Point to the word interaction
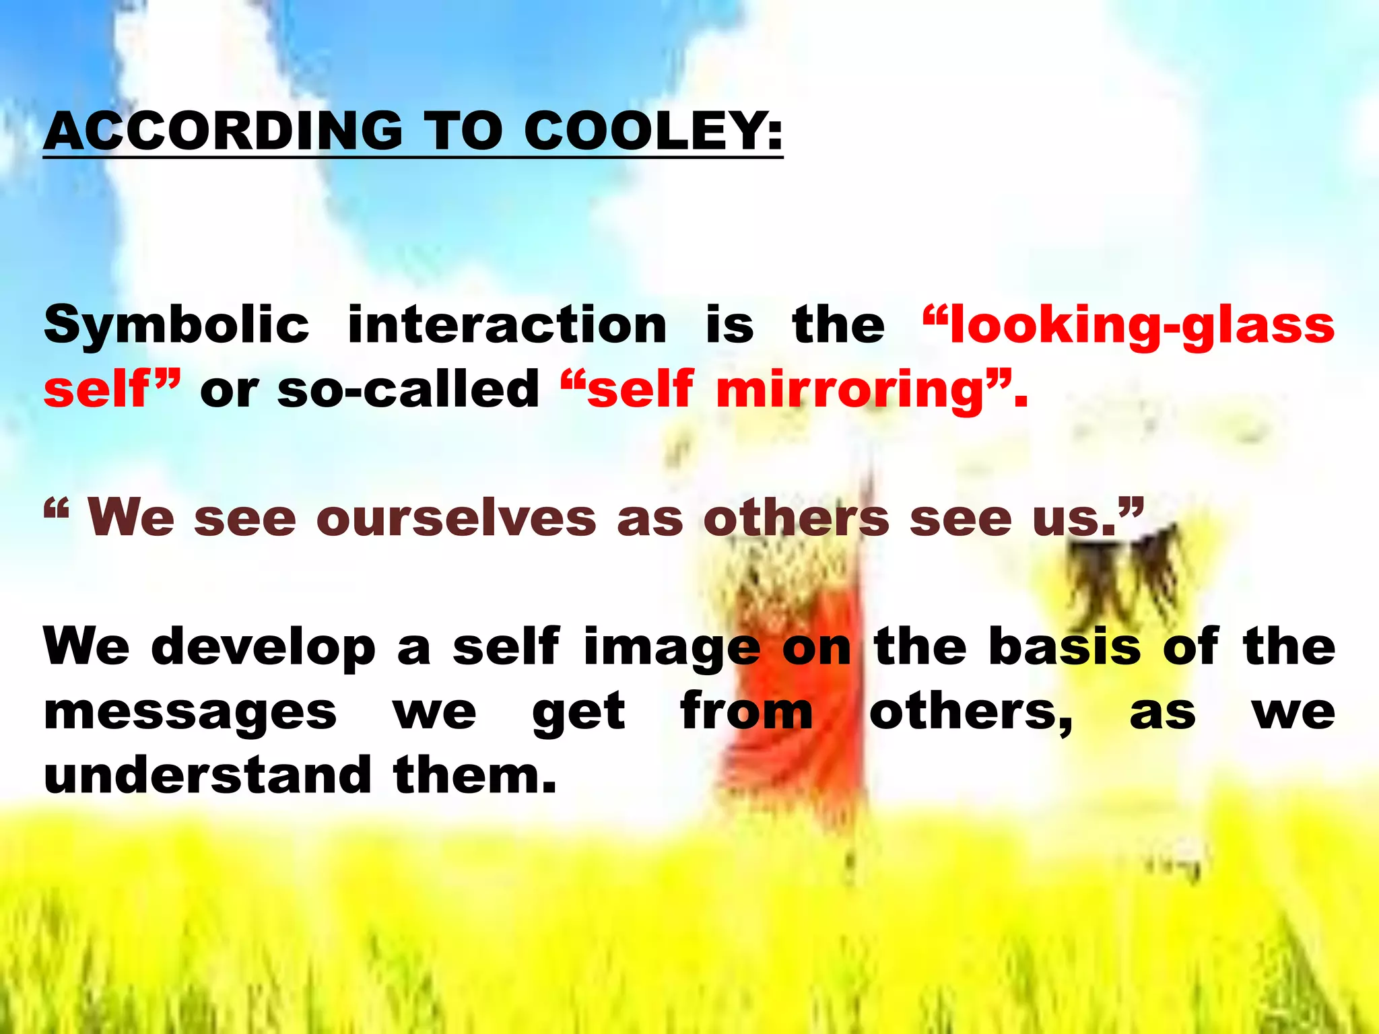507,325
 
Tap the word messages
190,713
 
